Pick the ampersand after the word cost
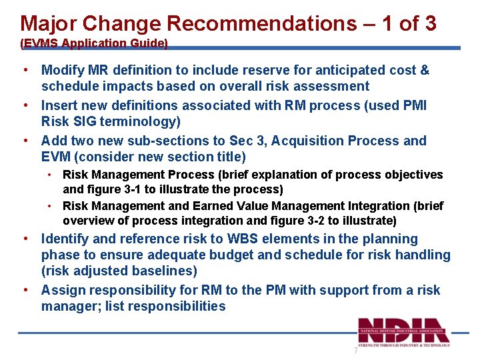pyautogui.click(x=425, y=70)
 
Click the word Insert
pyautogui.click(x=59, y=105)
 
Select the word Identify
pyautogui.click(x=65, y=239)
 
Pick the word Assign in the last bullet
pyautogui.click(x=62, y=290)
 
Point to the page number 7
pyautogui.click(x=355, y=351)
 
